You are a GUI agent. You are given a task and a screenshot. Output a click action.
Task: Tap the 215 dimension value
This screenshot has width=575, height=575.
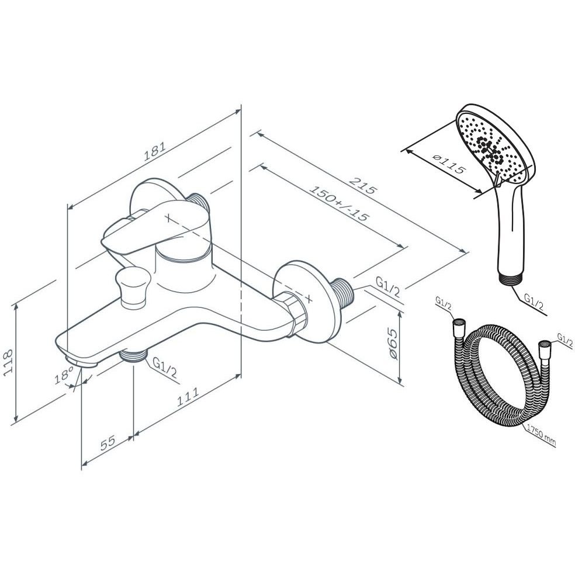click(x=362, y=186)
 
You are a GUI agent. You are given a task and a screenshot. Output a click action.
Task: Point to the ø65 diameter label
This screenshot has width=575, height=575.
click(x=392, y=344)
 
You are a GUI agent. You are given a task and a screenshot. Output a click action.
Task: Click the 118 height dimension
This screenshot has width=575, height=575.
click(x=8, y=362)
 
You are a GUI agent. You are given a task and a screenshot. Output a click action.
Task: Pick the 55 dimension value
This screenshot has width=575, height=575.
click(x=108, y=442)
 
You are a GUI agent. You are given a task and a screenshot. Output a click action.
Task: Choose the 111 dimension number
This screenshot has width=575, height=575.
click(x=188, y=396)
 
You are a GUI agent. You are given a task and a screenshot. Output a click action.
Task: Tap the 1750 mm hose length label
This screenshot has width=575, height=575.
click(x=541, y=435)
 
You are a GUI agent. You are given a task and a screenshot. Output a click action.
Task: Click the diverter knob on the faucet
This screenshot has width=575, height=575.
click(x=133, y=287)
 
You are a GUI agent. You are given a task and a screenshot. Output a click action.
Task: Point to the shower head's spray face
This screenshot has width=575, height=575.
click(x=491, y=148)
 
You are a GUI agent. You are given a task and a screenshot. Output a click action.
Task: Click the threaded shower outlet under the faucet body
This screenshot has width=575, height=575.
click(x=133, y=355)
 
